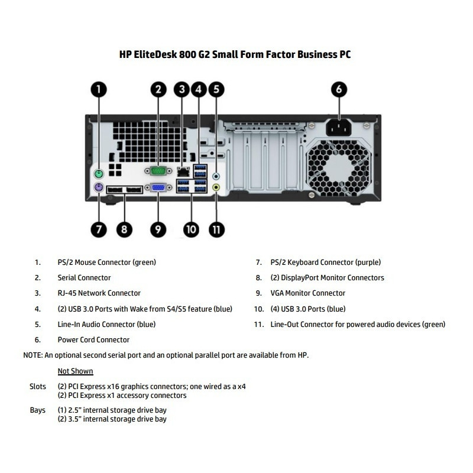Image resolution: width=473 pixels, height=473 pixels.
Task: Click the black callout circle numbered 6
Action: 338,90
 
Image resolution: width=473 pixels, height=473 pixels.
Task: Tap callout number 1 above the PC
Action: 99,90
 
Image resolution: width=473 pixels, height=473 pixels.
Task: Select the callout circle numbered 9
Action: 158,228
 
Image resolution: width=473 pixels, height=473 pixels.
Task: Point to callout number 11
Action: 217,228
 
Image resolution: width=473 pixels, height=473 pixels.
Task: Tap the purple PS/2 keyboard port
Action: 99,189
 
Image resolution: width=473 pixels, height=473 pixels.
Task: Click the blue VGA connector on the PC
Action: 158,188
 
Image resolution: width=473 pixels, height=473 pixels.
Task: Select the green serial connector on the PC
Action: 158,171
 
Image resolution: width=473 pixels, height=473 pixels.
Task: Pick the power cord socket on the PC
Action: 338,127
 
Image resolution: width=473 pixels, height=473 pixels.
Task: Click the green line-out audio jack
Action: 217,187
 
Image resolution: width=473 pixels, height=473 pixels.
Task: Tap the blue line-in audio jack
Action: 217,176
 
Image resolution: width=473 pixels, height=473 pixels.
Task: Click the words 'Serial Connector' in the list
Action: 84,277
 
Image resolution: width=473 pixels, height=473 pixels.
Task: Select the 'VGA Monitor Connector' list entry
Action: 308,293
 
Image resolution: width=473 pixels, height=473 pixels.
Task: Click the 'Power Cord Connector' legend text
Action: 93,340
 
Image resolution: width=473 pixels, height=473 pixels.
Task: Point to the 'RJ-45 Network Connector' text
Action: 99,293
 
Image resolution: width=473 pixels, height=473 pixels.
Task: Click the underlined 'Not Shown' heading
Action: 75,371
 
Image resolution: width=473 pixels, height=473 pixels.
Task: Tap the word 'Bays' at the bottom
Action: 37,410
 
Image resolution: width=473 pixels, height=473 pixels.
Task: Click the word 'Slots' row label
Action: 38,387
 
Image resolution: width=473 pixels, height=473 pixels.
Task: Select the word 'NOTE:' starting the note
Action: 33,355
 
